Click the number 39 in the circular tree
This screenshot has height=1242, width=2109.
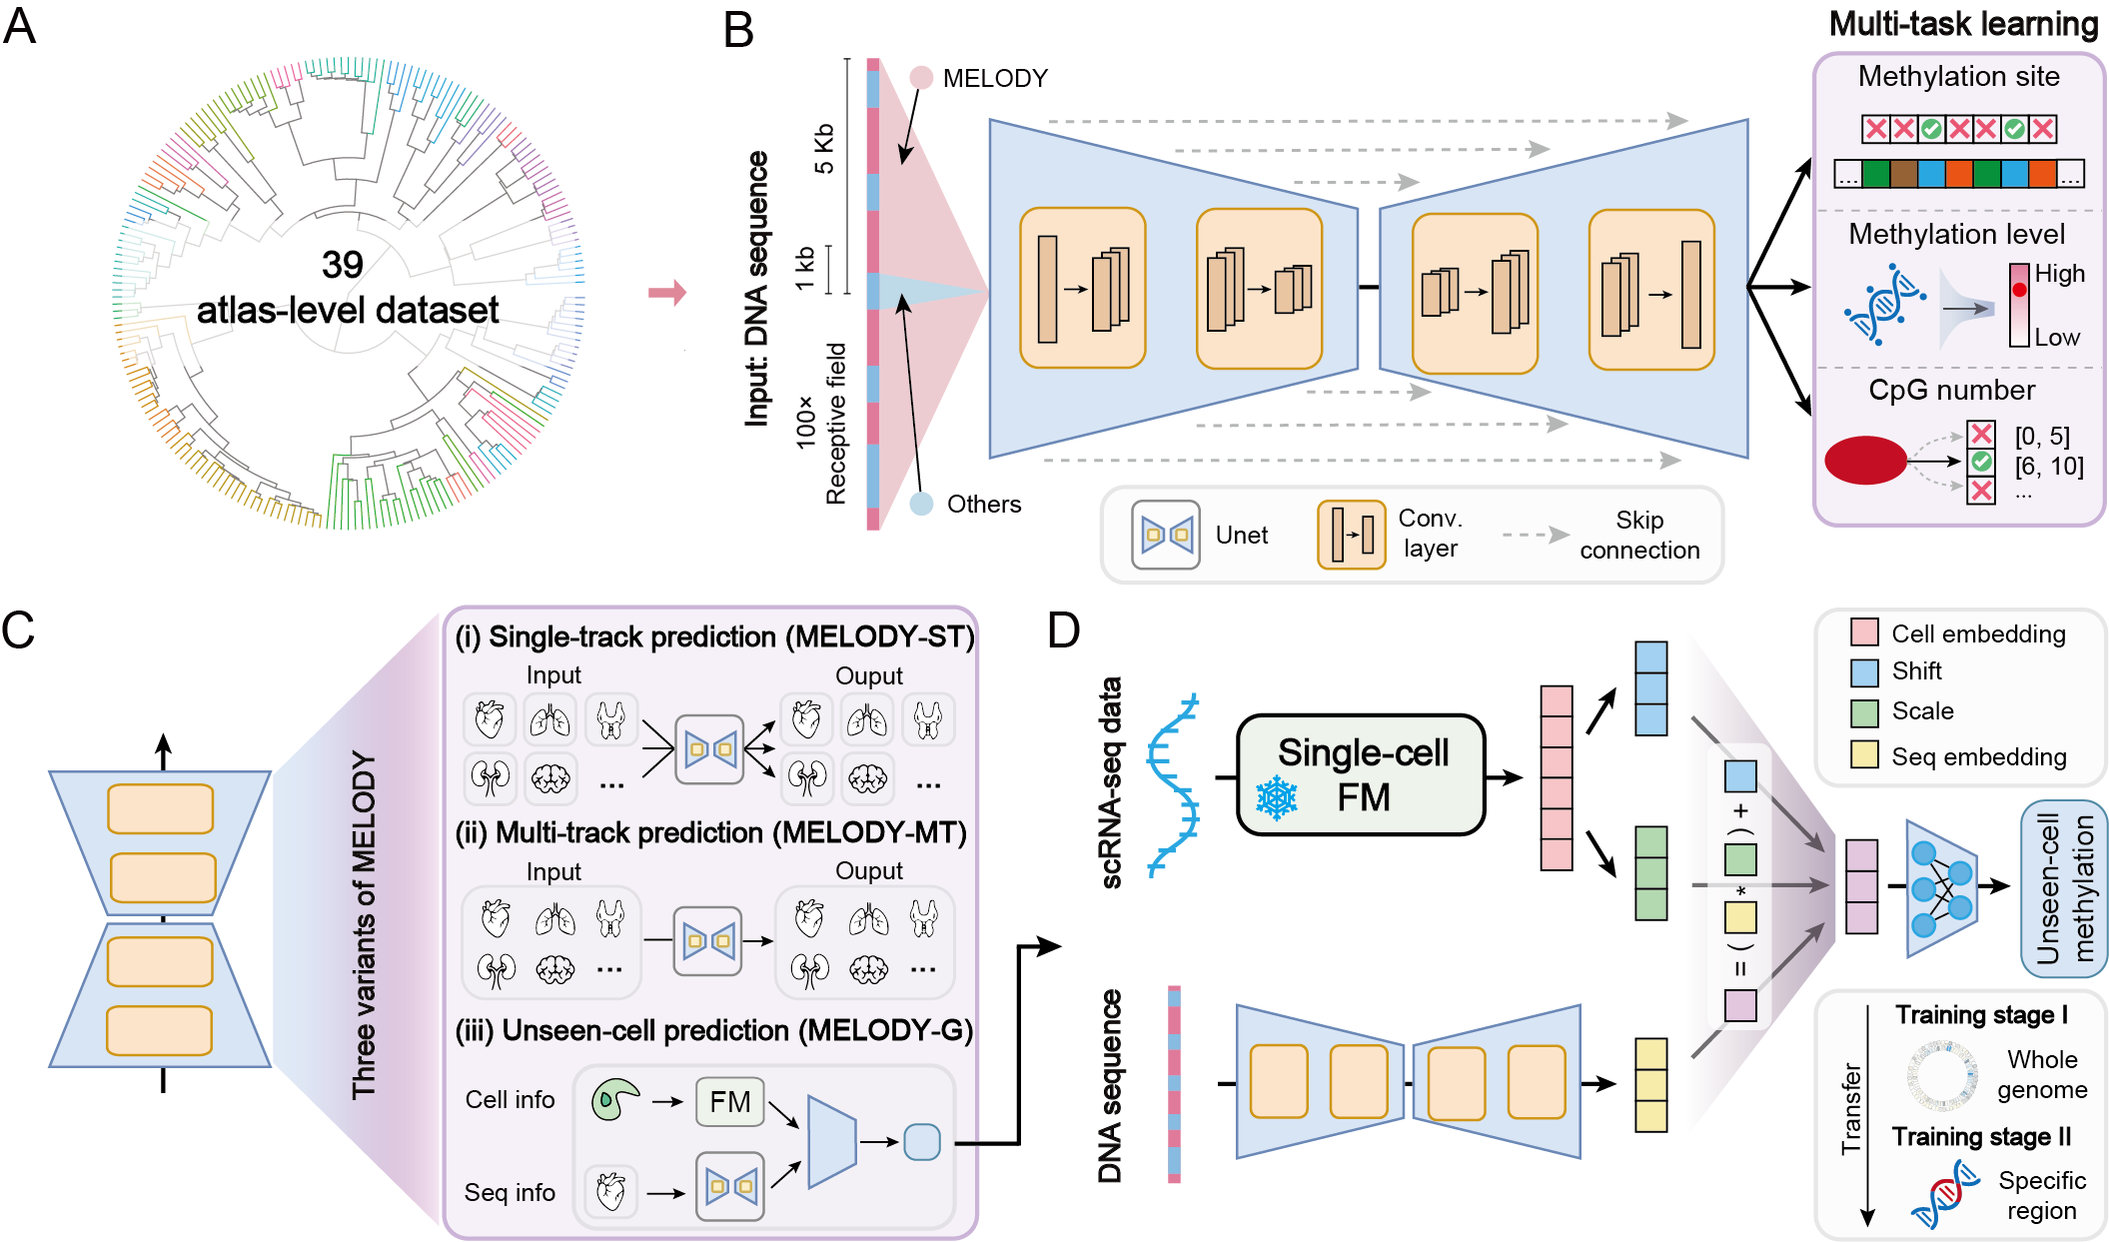pos(342,265)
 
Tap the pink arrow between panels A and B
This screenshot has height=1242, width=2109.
pos(667,293)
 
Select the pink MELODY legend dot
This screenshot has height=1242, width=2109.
pos(921,77)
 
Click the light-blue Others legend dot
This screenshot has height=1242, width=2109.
pos(921,504)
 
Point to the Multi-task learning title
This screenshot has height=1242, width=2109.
pos(1963,24)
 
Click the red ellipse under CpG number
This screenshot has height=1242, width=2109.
pos(1865,461)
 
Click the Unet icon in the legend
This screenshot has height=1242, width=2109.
pos(1166,535)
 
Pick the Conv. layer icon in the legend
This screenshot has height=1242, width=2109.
pos(1351,535)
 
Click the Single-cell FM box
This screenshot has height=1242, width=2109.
pos(1362,775)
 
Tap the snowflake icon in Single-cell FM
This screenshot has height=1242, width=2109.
pos(1276,798)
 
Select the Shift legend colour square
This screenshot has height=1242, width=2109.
pos(1864,672)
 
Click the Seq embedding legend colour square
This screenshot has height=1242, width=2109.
pos(1864,755)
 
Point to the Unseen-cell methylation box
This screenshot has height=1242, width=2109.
pos(2064,888)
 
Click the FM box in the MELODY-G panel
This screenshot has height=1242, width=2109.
pos(729,1102)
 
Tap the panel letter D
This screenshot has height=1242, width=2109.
pos(1064,630)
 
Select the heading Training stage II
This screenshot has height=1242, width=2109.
pos(1981,1137)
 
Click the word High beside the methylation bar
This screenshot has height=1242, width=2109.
pos(2060,274)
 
